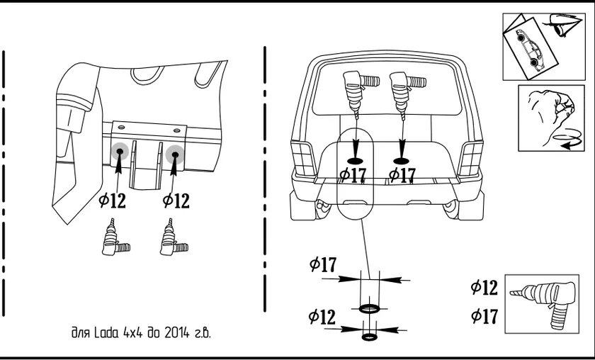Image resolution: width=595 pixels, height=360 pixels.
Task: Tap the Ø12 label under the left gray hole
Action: pos(113,201)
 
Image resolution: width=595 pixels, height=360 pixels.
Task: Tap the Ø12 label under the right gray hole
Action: pos(176,201)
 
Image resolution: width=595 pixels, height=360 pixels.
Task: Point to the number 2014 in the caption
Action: pos(171,332)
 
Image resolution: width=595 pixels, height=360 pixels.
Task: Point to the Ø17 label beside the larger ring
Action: pos(323,265)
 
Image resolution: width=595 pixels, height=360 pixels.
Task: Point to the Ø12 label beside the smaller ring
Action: pos(322,317)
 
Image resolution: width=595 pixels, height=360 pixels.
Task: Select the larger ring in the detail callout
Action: pos(369,308)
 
